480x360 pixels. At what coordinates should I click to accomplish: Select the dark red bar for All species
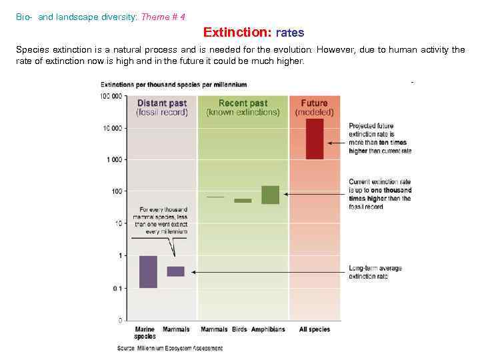(314, 139)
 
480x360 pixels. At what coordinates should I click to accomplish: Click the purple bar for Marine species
(148, 272)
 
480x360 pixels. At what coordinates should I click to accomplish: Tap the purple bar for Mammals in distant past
(175, 271)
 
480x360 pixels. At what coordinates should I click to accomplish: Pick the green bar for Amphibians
(270, 195)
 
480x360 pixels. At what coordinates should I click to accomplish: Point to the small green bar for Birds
(243, 200)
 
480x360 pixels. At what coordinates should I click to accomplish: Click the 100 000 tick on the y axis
(111, 96)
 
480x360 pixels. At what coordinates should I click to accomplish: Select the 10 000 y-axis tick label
(113, 128)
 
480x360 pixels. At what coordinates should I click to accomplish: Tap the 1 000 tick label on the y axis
(114, 160)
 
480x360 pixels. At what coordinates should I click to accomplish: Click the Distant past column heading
(162, 107)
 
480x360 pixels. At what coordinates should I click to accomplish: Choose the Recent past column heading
(243, 107)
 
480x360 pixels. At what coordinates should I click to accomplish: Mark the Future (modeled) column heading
(314, 107)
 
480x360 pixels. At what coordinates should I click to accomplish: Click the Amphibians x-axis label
(268, 329)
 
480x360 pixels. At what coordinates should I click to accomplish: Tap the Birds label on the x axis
(239, 329)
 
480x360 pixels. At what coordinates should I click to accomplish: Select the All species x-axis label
(315, 329)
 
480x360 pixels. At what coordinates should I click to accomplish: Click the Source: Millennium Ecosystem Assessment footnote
(170, 348)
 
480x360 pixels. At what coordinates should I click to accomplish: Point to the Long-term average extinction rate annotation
(375, 272)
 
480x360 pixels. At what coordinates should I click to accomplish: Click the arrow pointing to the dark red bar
(336, 142)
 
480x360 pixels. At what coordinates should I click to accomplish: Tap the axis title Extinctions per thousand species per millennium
(173, 85)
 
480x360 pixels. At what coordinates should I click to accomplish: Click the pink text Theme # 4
(163, 17)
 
